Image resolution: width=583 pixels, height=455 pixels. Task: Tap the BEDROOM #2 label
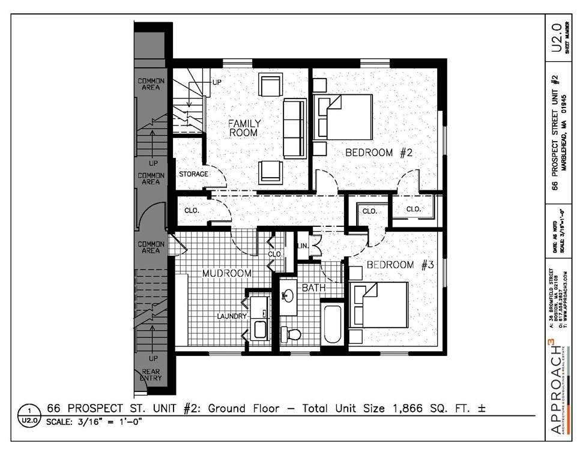pyautogui.click(x=377, y=153)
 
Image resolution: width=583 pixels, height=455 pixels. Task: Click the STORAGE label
pyautogui.click(x=193, y=174)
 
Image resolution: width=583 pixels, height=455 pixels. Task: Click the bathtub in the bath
pyautogui.click(x=333, y=325)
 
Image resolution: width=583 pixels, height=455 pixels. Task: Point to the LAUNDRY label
pyautogui.click(x=232, y=316)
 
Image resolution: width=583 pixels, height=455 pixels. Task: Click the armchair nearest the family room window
pyautogui.click(x=270, y=85)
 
